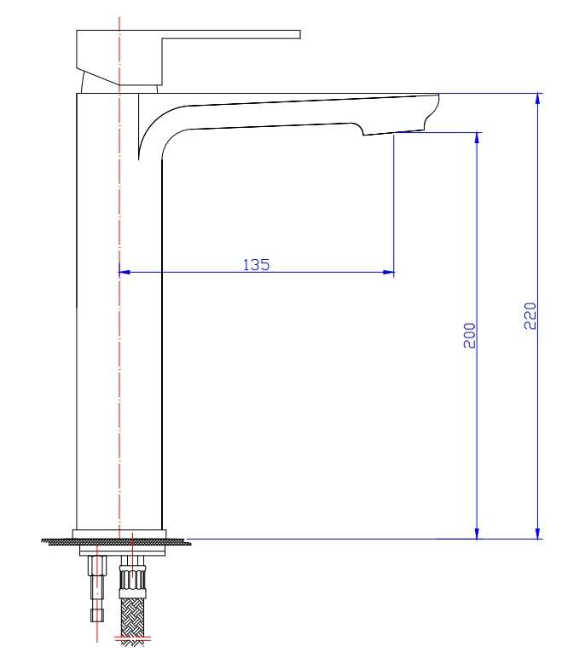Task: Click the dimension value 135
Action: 256,264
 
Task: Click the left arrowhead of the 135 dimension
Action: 124,273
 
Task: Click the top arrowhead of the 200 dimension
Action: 478,138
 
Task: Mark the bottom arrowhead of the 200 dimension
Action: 478,533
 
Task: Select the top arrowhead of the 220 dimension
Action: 537,98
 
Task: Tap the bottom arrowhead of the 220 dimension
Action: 537,533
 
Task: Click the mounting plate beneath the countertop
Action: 119,551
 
